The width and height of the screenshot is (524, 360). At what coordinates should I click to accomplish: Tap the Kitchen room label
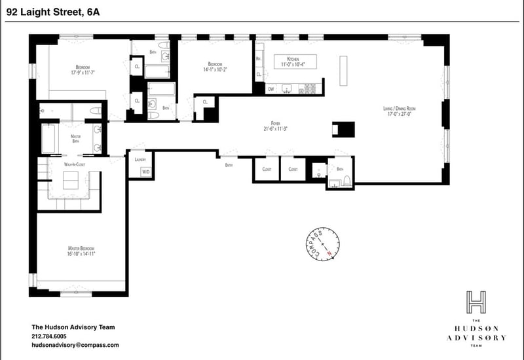[288, 60]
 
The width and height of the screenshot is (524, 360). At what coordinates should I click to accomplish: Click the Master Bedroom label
[82, 249]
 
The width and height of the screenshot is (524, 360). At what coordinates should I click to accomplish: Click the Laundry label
[140, 160]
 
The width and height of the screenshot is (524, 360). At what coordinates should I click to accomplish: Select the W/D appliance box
[145, 172]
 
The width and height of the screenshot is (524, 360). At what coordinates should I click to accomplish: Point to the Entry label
[229, 165]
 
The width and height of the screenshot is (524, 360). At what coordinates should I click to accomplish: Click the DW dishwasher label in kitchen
[271, 88]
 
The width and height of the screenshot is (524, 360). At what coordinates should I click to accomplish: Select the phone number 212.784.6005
[53, 336]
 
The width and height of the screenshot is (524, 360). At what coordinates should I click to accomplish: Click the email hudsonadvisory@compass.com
[75, 344]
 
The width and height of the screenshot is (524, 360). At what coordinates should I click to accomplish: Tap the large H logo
[476, 302]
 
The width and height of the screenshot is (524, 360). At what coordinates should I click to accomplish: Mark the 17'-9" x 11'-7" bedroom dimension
[83, 73]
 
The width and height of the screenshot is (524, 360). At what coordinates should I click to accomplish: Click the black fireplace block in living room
[343, 128]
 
